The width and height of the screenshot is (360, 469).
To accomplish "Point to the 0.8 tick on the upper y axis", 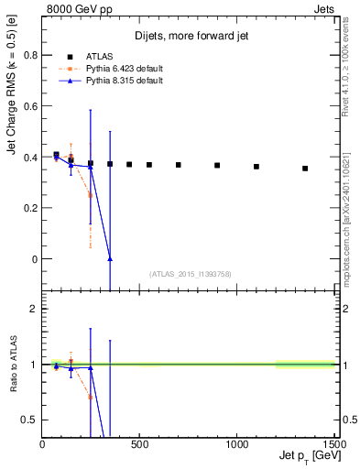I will (x=28, y=55).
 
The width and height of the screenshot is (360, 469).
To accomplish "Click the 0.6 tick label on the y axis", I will (x=28, y=106).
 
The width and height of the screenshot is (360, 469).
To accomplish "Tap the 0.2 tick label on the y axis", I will (x=28, y=208).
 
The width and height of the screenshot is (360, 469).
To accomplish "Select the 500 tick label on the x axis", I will (x=140, y=444).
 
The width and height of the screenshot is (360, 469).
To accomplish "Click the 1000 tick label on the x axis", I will (x=236, y=444).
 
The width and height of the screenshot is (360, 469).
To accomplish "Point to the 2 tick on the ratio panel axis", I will (x=33, y=309).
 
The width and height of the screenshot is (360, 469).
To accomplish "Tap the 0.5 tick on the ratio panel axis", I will (x=28, y=420).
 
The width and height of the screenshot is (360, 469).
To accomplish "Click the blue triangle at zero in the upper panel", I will (x=110, y=259).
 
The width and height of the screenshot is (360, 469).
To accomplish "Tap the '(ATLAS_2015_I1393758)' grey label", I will (x=189, y=274).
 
